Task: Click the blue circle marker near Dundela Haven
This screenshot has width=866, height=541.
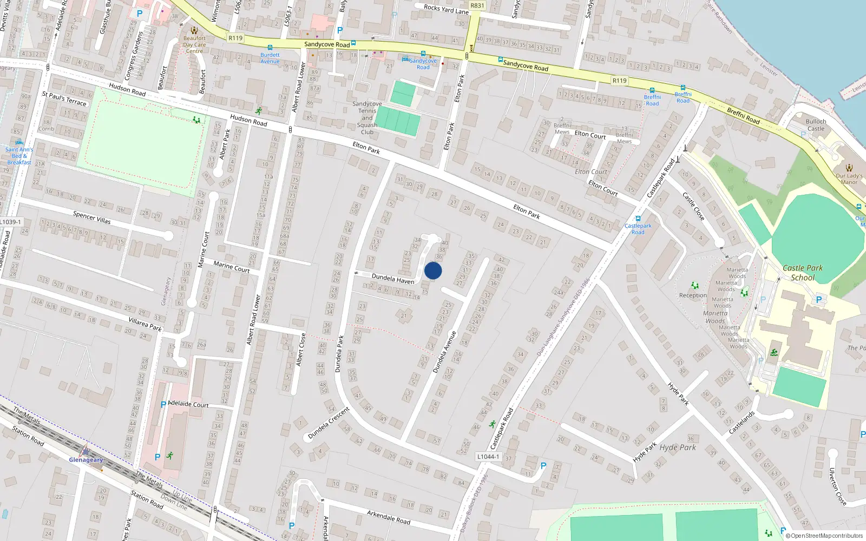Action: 433,270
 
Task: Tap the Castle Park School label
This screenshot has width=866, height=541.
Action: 803,273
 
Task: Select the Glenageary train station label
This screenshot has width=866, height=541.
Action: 86,460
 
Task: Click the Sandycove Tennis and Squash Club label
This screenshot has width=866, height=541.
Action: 367,118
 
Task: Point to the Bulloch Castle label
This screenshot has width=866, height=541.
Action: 816,125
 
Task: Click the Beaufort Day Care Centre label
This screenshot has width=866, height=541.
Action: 194,44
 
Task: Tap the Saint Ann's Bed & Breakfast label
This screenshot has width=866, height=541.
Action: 19,156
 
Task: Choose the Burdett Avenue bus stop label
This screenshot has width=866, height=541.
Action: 270,58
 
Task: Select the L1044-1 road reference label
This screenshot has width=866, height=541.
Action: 488,457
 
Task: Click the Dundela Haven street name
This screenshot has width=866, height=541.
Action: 392,279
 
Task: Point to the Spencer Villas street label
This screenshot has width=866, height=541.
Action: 91,217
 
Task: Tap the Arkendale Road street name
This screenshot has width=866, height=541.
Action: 388,517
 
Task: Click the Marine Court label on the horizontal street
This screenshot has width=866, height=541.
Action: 231,266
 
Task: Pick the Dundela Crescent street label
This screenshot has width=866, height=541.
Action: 329,423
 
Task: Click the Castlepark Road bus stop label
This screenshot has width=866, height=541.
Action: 638,229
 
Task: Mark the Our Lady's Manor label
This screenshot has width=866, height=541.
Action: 849,179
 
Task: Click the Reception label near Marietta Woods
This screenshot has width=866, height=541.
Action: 693,295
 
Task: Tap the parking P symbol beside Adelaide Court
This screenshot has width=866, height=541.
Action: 163,404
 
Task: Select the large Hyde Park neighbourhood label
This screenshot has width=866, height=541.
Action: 678,447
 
